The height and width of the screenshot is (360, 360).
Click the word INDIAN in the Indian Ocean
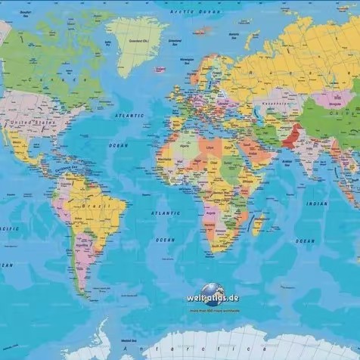point(317,203)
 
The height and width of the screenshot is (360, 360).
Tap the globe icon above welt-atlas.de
point(211,289)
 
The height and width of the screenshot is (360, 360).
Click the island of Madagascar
point(259,223)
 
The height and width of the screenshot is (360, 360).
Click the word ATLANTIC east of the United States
point(129,116)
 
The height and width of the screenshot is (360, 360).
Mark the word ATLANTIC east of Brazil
point(165,214)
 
